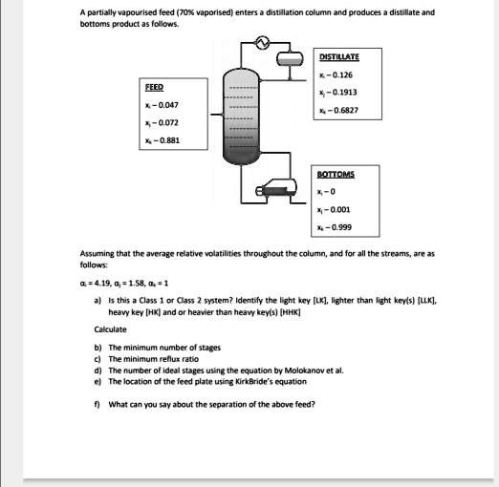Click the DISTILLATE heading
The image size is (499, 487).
click(x=340, y=57)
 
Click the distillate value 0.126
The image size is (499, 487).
click(x=344, y=74)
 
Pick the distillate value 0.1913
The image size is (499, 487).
click(x=346, y=93)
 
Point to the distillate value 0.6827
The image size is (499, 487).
click(x=346, y=111)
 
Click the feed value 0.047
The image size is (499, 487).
click(x=158, y=103)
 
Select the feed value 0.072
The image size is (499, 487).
click(x=158, y=122)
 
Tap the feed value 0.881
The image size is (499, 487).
click(x=158, y=140)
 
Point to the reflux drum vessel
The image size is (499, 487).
click(x=290, y=59)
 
